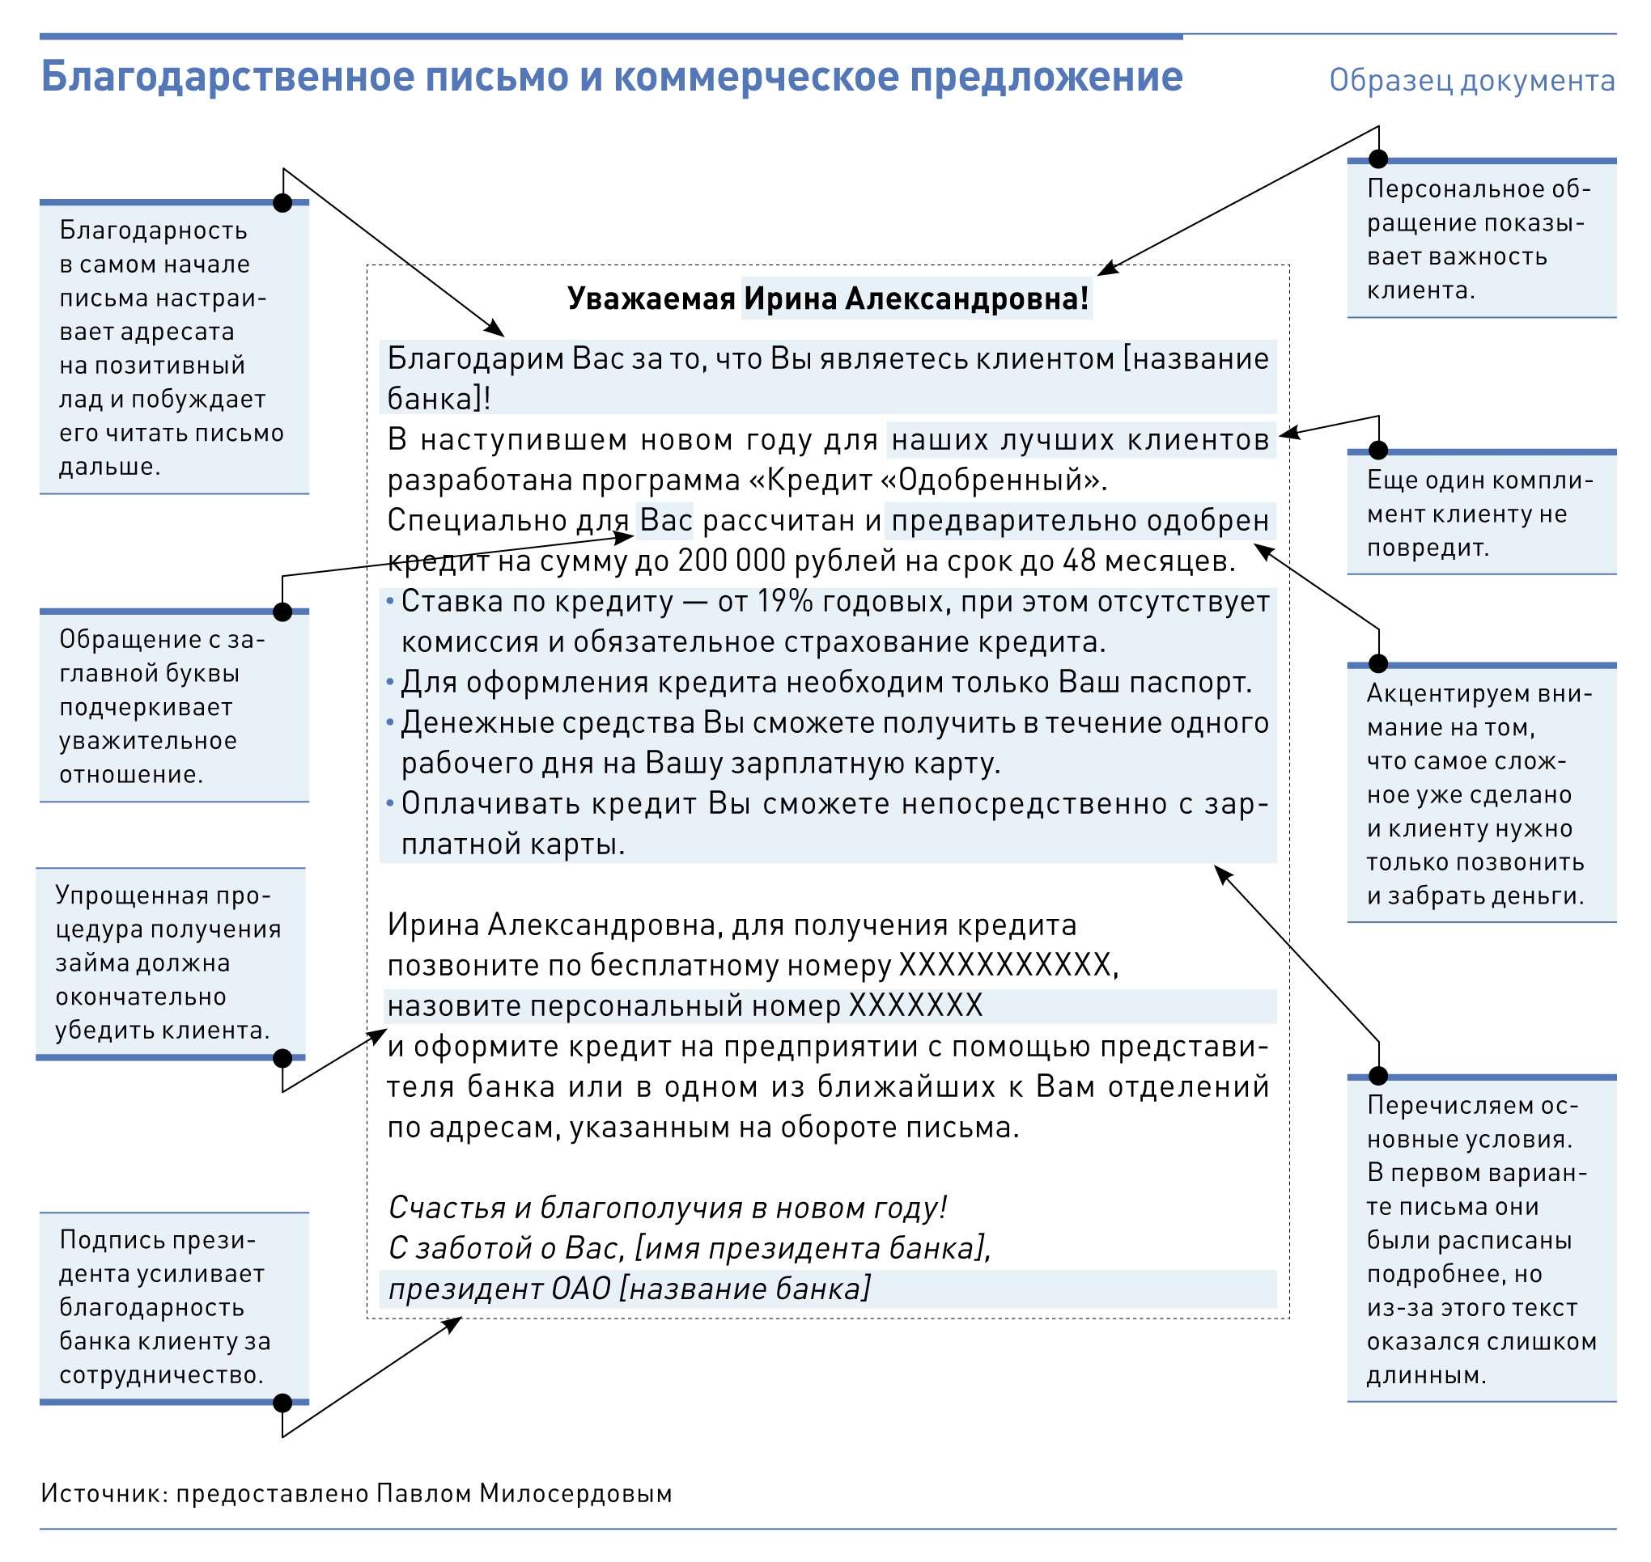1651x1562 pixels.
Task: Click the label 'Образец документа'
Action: coord(1471,81)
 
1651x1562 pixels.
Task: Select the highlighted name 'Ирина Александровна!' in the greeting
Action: coord(915,298)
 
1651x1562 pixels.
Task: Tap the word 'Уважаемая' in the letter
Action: coord(651,298)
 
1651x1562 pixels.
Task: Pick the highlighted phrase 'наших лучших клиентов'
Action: coord(1080,439)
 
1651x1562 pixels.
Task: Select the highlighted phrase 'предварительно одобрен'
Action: coord(1080,520)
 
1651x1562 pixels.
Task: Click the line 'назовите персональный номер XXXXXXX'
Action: coord(685,1005)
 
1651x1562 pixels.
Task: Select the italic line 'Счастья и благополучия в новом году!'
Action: coord(667,1208)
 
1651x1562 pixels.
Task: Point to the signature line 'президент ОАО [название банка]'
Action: coord(629,1288)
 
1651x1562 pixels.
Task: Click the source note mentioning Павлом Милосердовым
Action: coord(357,1493)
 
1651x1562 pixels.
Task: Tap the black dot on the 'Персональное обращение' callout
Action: coord(1378,159)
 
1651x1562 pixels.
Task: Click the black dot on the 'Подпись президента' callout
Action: coord(282,1403)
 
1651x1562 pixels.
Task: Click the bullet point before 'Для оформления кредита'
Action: coord(390,683)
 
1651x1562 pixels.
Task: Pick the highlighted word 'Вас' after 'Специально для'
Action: coord(665,520)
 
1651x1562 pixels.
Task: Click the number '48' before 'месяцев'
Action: coord(1079,561)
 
